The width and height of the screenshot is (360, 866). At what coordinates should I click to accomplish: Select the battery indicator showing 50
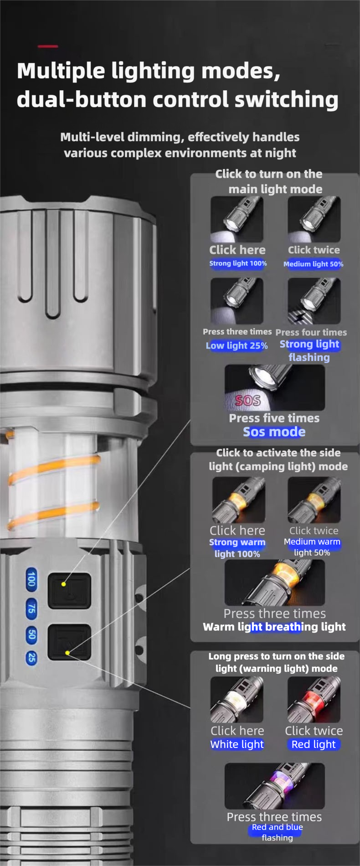(x=31, y=635)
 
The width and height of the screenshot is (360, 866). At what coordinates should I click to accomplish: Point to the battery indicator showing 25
(x=31, y=657)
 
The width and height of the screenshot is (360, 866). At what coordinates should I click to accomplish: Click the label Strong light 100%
(x=238, y=263)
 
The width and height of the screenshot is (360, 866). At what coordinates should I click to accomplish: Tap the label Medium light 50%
(x=314, y=264)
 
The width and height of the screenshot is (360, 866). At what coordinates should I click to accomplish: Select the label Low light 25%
(x=237, y=345)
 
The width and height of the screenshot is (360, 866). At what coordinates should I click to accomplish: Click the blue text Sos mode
(x=274, y=432)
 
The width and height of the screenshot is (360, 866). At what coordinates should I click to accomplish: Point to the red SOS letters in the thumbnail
(x=248, y=400)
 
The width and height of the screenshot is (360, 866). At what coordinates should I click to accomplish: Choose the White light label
(x=237, y=744)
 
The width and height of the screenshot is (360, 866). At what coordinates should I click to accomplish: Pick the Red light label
(x=314, y=744)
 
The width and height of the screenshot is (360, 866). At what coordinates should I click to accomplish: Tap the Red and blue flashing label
(x=277, y=832)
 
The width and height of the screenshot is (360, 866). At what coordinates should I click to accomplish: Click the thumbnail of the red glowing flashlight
(x=314, y=700)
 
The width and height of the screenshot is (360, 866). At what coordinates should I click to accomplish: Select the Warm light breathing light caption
(x=274, y=627)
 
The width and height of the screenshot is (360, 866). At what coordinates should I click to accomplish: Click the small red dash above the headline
(x=48, y=46)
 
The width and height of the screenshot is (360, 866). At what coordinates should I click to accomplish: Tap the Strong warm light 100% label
(x=237, y=548)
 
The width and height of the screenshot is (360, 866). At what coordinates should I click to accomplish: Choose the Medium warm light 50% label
(x=312, y=547)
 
